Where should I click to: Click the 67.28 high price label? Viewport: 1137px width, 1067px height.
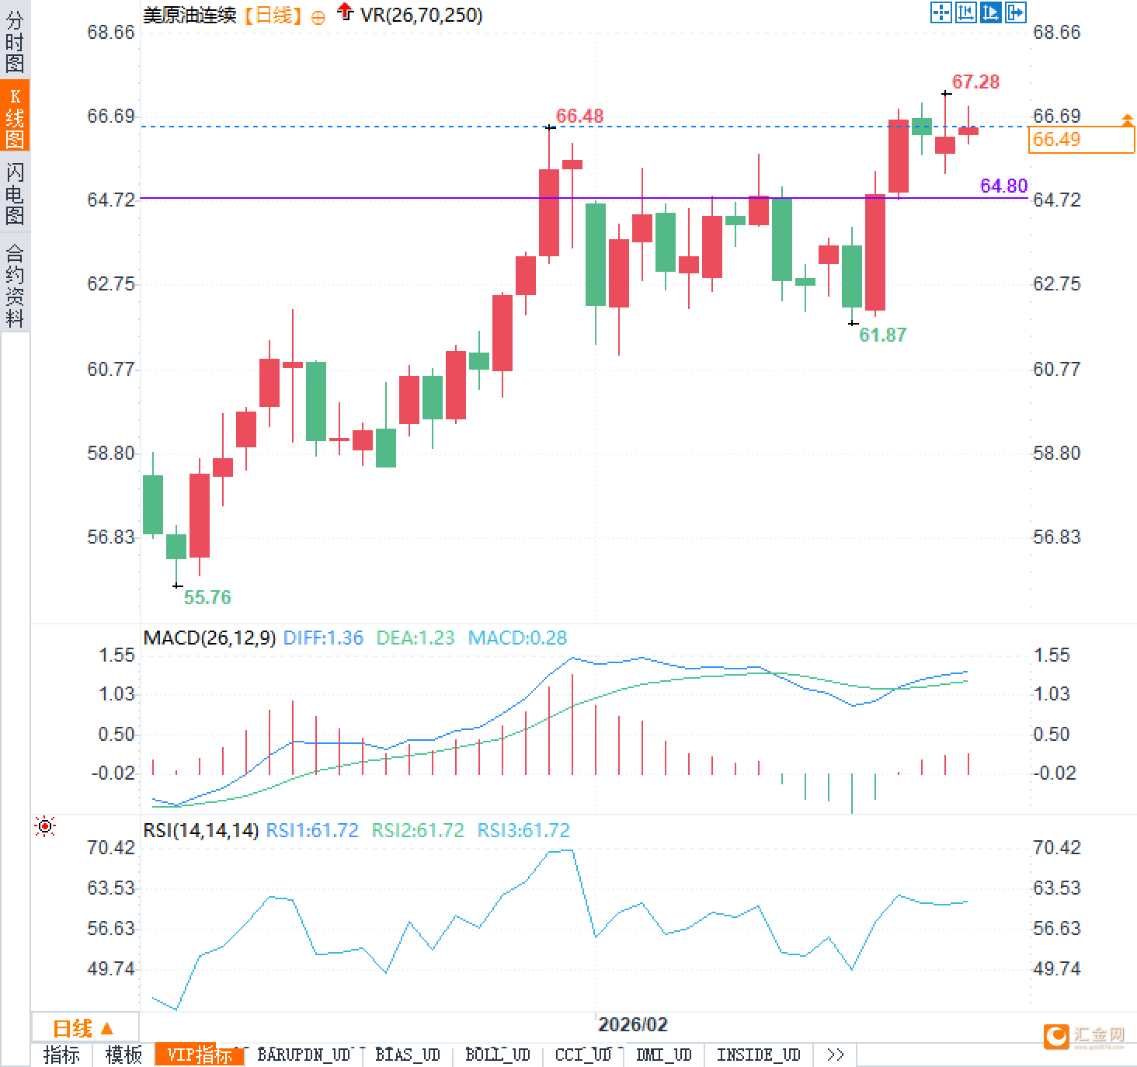pyautogui.click(x=975, y=82)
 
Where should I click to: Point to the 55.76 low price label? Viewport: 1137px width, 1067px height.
pyautogui.click(x=207, y=597)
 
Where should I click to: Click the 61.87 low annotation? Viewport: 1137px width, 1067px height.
pyautogui.click(x=882, y=335)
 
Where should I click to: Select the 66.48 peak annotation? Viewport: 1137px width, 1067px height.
pyautogui.click(x=579, y=116)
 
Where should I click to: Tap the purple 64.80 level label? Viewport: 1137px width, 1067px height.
pyautogui.click(x=1003, y=186)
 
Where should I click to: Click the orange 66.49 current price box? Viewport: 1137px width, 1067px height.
pyautogui.click(x=1081, y=140)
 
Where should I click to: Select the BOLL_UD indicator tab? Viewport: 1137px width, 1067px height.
pyautogui.click(x=497, y=1055)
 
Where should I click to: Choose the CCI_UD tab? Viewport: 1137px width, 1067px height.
pyautogui.click(x=583, y=1055)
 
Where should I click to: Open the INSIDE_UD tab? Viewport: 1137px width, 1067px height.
pyautogui.click(x=758, y=1055)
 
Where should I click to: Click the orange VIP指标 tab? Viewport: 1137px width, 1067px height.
pyautogui.click(x=200, y=1055)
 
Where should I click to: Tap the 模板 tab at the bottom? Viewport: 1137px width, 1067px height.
pyautogui.click(x=123, y=1055)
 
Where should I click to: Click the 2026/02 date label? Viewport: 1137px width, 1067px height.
pyautogui.click(x=632, y=1024)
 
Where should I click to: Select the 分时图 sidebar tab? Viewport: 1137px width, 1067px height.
pyautogui.click(x=15, y=41)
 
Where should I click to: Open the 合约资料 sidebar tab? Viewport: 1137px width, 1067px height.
pyautogui.click(x=15, y=285)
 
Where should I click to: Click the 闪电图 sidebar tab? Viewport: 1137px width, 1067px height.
pyautogui.click(x=15, y=193)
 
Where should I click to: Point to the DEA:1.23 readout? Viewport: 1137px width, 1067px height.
pyautogui.click(x=415, y=638)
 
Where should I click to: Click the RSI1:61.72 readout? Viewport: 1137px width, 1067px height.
pyautogui.click(x=312, y=830)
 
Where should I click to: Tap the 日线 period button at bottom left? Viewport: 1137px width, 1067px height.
pyautogui.click(x=83, y=1028)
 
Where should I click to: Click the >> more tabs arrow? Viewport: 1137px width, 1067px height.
pyautogui.click(x=835, y=1055)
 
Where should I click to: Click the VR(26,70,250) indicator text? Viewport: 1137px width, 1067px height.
pyautogui.click(x=421, y=15)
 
